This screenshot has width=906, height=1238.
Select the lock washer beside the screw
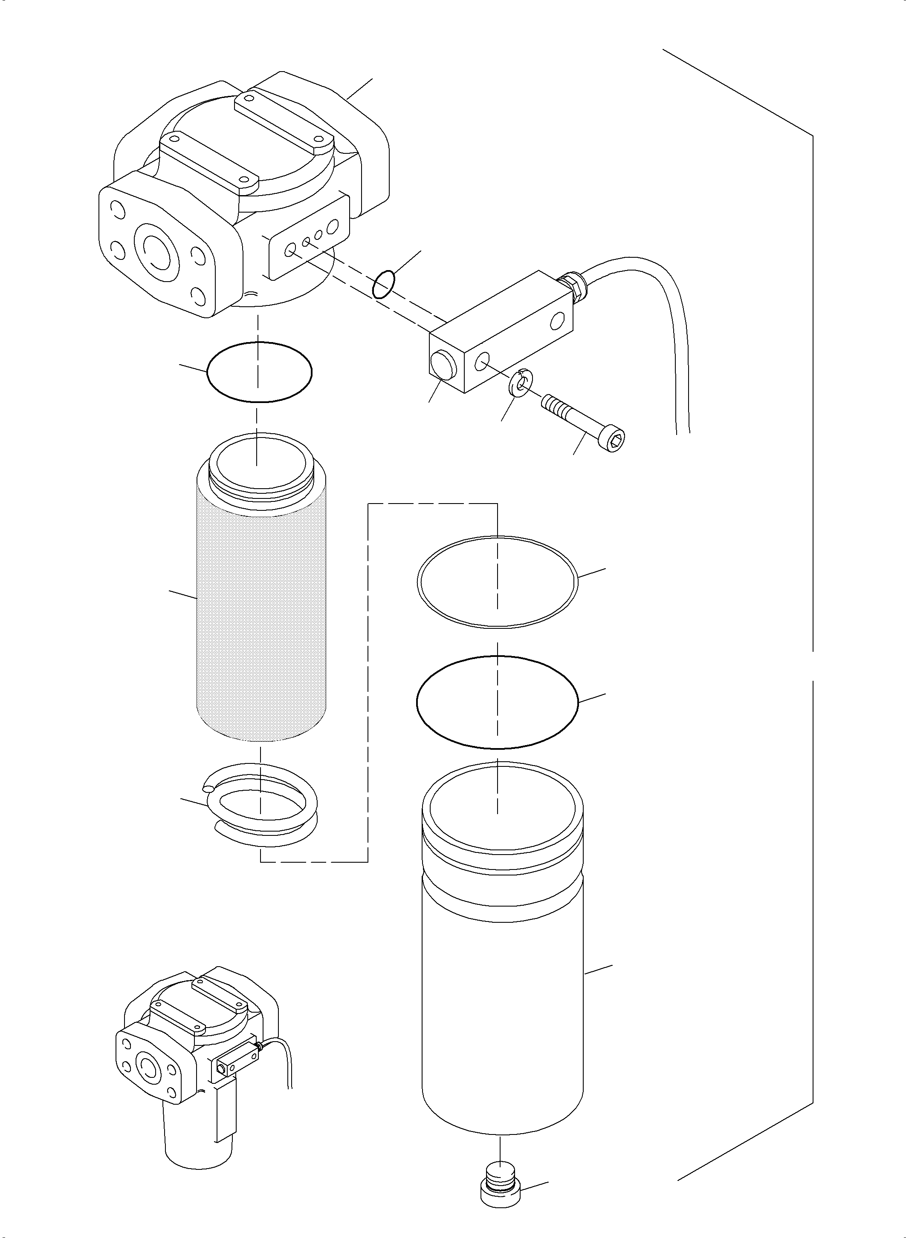coord(519,382)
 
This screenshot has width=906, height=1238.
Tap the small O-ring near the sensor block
coord(383,283)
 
